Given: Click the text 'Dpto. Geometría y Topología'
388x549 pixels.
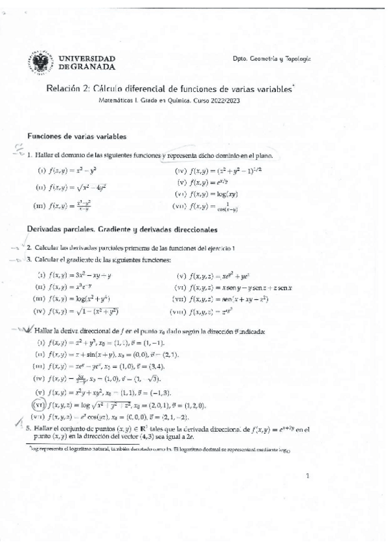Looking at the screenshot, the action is click(x=272, y=59).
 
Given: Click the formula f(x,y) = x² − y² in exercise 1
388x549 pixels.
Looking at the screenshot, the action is click(x=73, y=170).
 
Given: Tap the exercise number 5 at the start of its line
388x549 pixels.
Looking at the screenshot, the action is click(x=28, y=429).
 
